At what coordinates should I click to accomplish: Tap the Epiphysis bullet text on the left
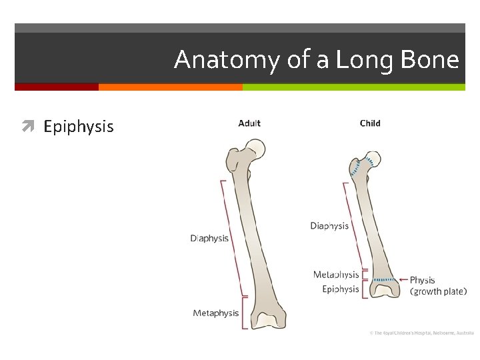pyautogui.click(x=79, y=127)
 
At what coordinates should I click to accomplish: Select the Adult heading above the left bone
pyautogui.click(x=249, y=123)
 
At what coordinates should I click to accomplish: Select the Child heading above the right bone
pyautogui.click(x=370, y=123)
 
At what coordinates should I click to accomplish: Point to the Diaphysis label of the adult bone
pyautogui.click(x=209, y=238)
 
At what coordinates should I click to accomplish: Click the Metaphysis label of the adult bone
pyautogui.click(x=215, y=313)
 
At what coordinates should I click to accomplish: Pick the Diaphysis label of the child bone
pyautogui.click(x=329, y=226)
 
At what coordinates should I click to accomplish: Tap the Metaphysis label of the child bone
pyautogui.click(x=336, y=275)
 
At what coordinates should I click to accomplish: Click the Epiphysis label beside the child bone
pyautogui.click(x=340, y=289)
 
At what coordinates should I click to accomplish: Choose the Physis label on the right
pyautogui.click(x=422, y=280)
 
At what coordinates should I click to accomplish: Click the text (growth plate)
pyautogui.click(x=438, y=291)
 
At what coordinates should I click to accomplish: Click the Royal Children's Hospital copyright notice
pyautogui.click(x=421, y=332)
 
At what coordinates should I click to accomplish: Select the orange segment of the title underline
pyautogui.click(x=170, y=87)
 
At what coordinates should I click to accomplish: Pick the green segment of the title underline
pyautogui.click(x=353, y=87)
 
